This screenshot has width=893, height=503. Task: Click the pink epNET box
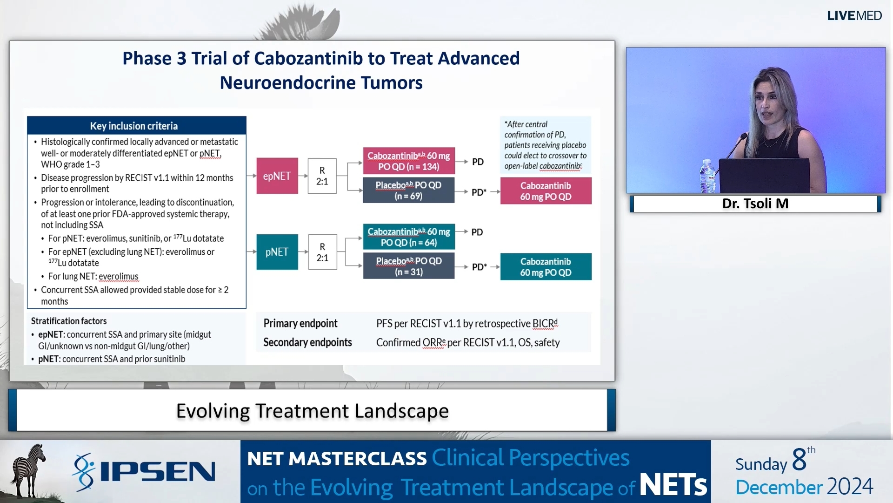pyautogui.click(x=277, y=176)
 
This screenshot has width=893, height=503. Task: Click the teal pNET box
pyautogui.click(x=277, y=252)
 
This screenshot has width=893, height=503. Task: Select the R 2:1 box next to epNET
pyautogui.click(x=322, y=176)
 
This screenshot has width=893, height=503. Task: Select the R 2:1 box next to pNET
pyautogui.click(x=322, y=252)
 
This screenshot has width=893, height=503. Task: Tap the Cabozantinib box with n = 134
pyautogui.click(x=408, y=161)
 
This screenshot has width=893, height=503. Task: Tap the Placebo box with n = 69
pyautogui.click(x=408, y=190)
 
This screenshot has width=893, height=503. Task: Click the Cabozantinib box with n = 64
pyautogui.click(x=408, y=237)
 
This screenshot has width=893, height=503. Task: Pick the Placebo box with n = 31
pyautogui.click(x=408, y=266)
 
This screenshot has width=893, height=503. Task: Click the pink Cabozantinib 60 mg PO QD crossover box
pyautogui.click(x=546, y=191)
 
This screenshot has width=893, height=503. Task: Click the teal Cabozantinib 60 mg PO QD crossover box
pyautogui.click(x=546, y=267)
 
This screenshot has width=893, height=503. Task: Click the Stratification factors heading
pyautogui.click(x=69, y=321)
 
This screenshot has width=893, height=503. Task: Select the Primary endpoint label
pyautogui.click(x=300, y=323)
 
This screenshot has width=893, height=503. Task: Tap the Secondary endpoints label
pyautogui.click(x=307, y=342)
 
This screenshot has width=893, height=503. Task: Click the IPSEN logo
pyautogui.click(x=144, y=472)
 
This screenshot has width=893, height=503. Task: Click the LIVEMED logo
pyautogui.click(x=854, y=16)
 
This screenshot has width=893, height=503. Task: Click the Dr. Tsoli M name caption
pyautogui.click(x=755, y=204)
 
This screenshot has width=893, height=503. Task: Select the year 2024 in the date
pyautogui.click(x=850, y=487)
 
